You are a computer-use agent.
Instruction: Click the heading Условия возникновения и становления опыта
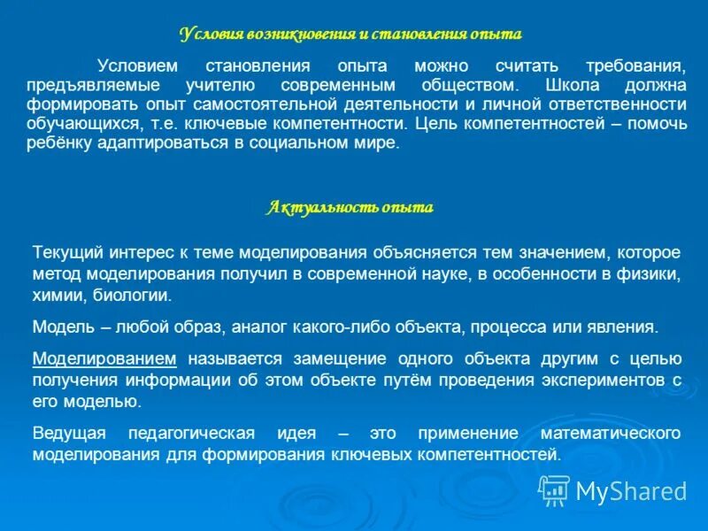[350, 35]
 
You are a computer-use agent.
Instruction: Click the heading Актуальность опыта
[350, 208]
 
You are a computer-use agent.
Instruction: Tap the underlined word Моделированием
[104, 358]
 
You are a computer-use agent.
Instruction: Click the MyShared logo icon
[555, 489]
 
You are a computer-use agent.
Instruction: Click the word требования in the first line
[635, 65]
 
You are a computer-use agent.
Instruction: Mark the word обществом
[465, 85]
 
